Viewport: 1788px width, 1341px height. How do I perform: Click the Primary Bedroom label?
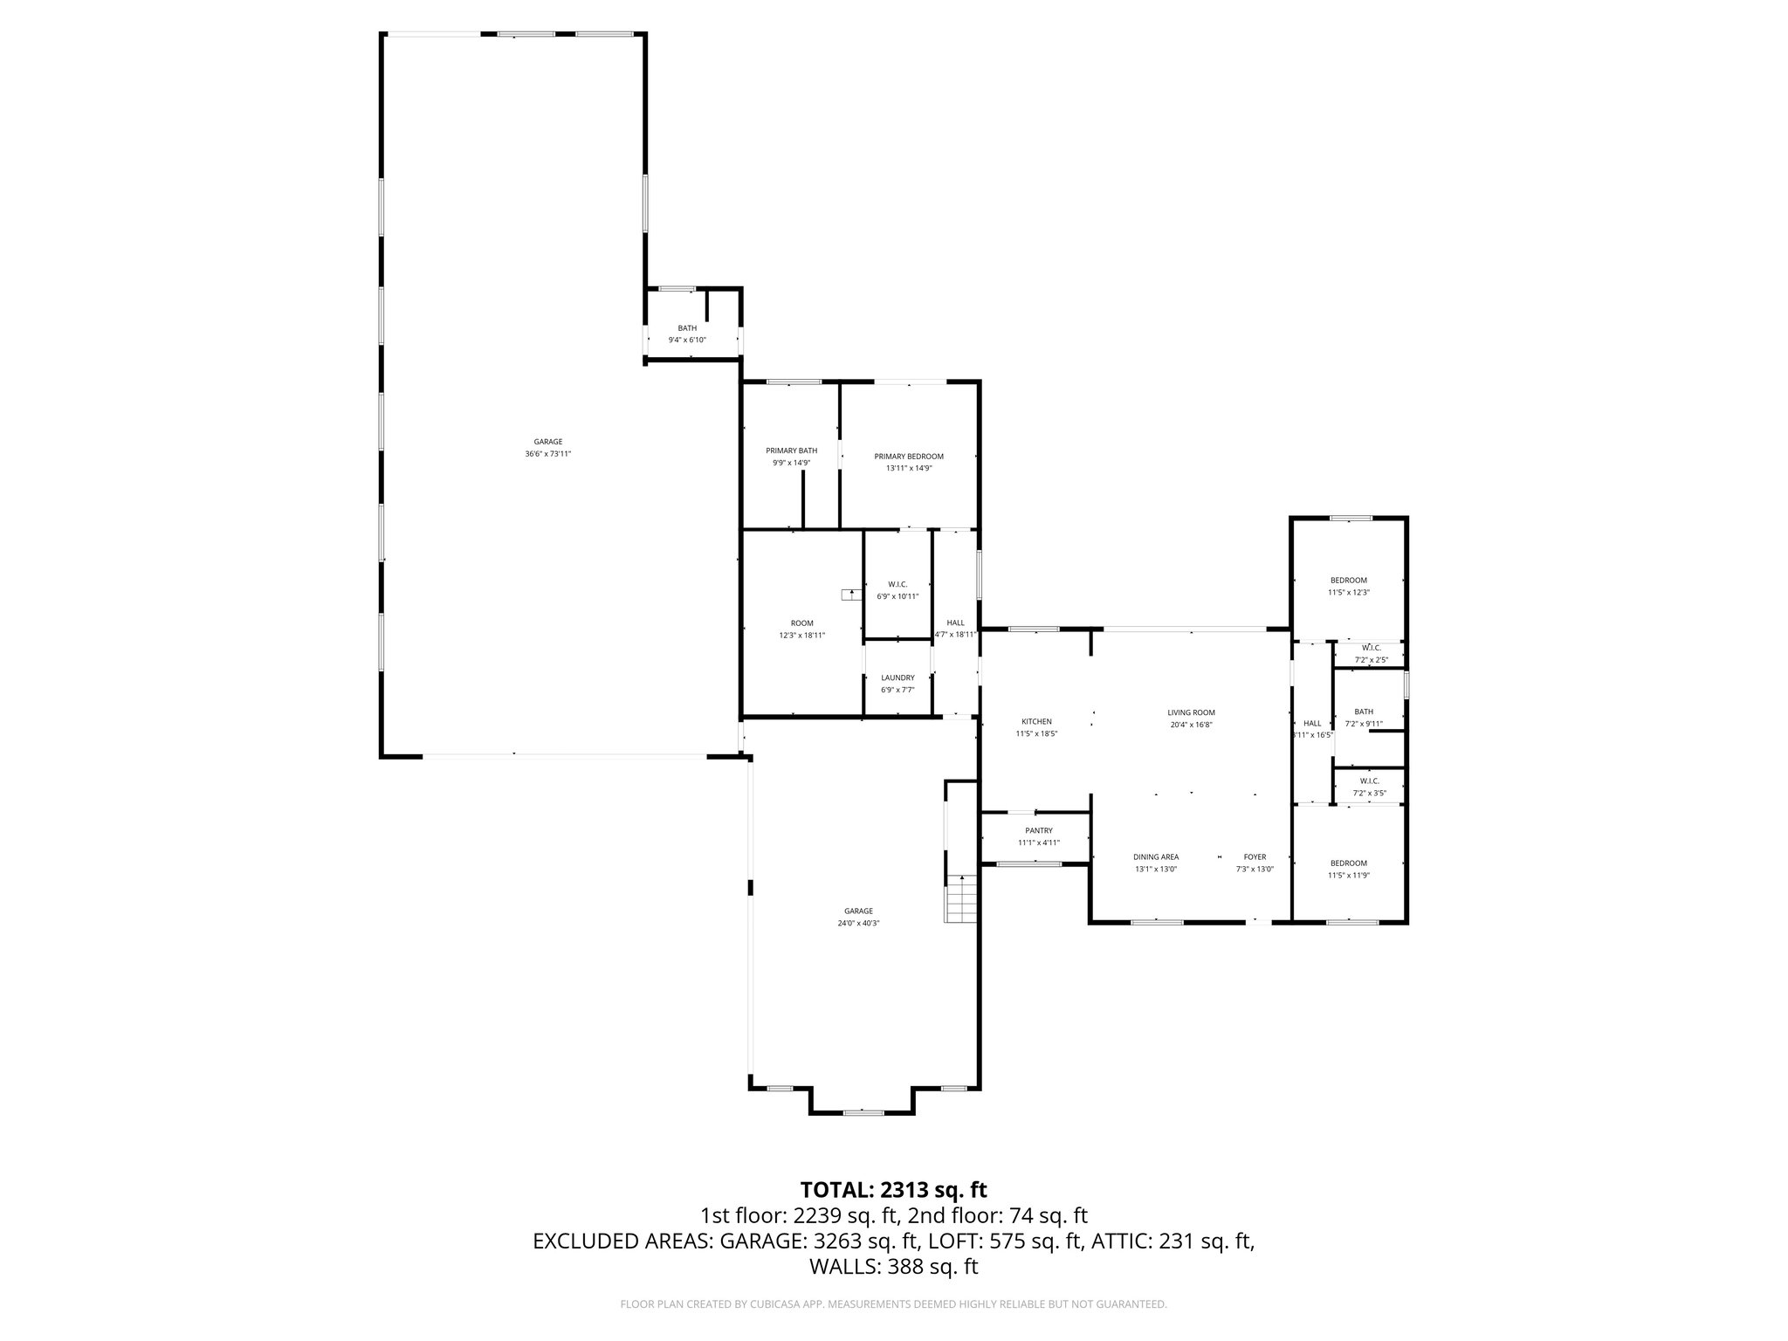point(909,457)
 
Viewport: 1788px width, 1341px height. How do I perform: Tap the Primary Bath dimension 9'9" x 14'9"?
point(791,463)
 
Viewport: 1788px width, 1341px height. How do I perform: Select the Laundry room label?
point(897,677)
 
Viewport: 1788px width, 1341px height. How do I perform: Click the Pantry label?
point(1038,830)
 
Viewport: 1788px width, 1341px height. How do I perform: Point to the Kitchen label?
point(1036,721)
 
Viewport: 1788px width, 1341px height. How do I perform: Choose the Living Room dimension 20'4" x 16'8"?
point(1191,725)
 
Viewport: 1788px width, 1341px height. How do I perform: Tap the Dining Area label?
point(1156,856)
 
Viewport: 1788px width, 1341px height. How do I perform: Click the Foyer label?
point(1255,856)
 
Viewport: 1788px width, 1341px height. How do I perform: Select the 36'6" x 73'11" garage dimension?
point(548,454)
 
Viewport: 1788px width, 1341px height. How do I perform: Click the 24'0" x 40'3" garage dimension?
point(858,923)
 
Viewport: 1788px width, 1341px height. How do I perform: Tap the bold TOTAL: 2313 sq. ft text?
point(893,1189)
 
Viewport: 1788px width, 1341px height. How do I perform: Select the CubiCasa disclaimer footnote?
point(893,1304)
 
